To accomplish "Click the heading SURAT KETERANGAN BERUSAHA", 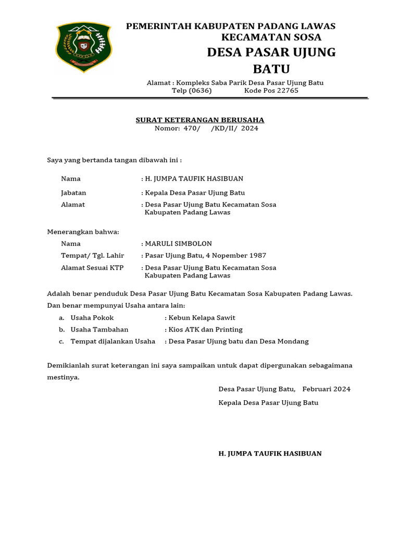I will pyautogui.click(x=200, y=120).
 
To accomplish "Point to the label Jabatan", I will pyautogui.click(x=73, y=193).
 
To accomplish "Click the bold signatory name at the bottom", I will pyautogui.click(x=270, y=453).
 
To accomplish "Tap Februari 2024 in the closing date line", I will pyautogui.click(x=326, y=389).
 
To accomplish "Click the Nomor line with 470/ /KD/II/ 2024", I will pyautogui.click(x=206, y=129).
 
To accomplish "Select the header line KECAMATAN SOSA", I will pyautogui.click(x=271, y=37).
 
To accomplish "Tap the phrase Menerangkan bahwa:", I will pyautogui.click(x=83, y=232).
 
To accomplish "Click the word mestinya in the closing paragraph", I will pyautogui.click(x=63, y=377).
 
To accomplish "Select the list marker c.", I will pyautogui.click(x=61, y=341).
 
